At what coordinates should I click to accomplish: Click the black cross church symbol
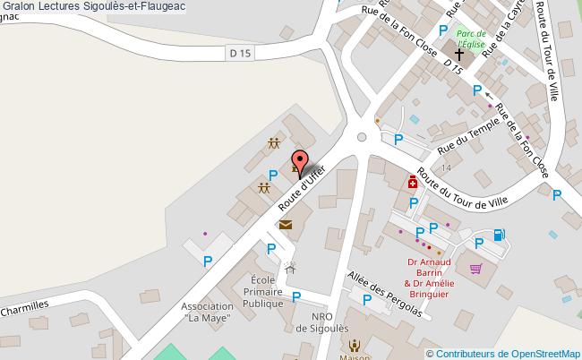[460, 54]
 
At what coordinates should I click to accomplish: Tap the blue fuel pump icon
[499, 236]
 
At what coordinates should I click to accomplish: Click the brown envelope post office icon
[285, 226]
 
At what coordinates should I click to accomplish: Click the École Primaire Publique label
[262, 291]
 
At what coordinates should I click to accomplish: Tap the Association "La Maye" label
[208, 312]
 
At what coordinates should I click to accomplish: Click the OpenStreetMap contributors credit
[509, 353]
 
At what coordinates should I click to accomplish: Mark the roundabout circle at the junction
[362, 138]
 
